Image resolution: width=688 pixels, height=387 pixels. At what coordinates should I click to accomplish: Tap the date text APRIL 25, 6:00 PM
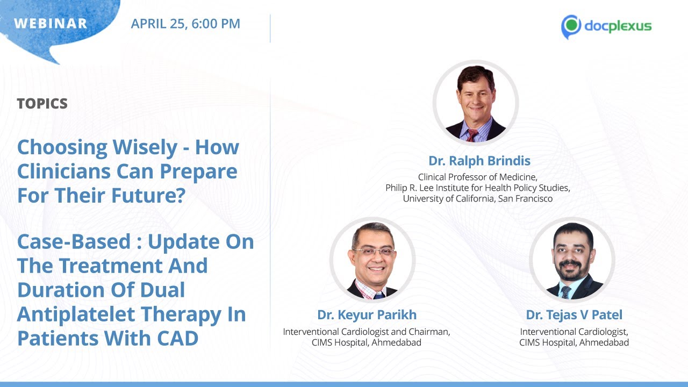click(185, 24)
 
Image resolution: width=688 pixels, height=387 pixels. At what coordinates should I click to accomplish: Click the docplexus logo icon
click(571, 26)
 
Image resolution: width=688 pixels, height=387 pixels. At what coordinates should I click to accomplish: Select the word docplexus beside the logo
click(618, 26)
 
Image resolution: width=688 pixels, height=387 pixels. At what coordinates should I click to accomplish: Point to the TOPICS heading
click(42, 104)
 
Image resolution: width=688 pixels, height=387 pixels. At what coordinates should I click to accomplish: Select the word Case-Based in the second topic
click(74, 241)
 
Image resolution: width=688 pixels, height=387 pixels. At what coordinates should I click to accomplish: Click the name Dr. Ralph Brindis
click(479, 161)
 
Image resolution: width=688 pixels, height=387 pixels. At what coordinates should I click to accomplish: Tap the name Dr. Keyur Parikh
click(367, 315)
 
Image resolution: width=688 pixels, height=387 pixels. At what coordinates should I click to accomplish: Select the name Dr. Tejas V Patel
click(574, 315)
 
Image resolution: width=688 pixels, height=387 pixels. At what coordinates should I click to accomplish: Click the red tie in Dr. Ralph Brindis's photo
click(472, 134)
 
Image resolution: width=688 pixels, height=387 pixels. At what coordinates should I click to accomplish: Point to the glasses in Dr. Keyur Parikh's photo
click(373, 252)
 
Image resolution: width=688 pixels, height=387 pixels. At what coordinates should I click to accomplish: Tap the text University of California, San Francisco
click(478, 199)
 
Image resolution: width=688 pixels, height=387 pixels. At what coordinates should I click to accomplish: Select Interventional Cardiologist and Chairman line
click(367, 332)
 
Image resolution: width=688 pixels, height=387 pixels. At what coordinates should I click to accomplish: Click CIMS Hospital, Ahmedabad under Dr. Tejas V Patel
click(574, 342)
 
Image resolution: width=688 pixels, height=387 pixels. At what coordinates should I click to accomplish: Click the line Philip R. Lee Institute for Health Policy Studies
click(478, 188)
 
